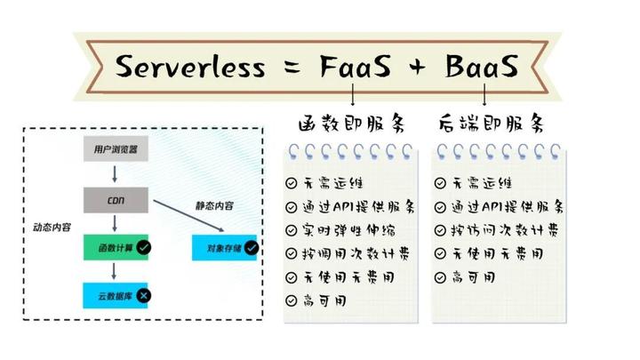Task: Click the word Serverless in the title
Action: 190,67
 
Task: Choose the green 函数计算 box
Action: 116,247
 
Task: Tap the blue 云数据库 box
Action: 116,294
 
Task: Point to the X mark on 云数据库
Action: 144,294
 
